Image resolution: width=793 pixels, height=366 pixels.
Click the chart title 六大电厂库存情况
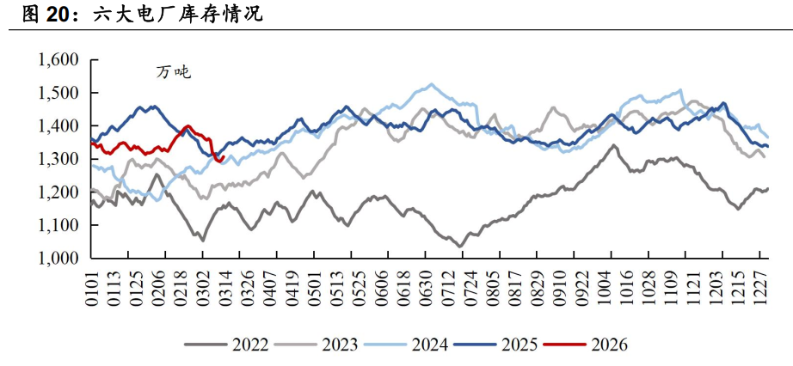tap(178, 15)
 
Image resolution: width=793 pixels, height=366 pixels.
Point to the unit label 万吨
tap(174, 73)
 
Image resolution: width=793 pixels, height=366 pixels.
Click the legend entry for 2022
tap(226, 345)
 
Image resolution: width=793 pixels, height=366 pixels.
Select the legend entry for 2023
tap(317, 345)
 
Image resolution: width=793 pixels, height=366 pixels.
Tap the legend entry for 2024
tap(407, 345)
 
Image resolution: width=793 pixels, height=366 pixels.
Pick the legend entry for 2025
tap(495, 345)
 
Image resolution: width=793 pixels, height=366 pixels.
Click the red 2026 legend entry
tap(586, 345)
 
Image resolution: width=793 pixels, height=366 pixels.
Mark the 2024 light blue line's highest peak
tap(432, 84)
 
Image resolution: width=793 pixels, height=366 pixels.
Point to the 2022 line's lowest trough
tap(460, 247)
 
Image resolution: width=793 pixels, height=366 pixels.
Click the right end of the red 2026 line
tap(223, 156)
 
